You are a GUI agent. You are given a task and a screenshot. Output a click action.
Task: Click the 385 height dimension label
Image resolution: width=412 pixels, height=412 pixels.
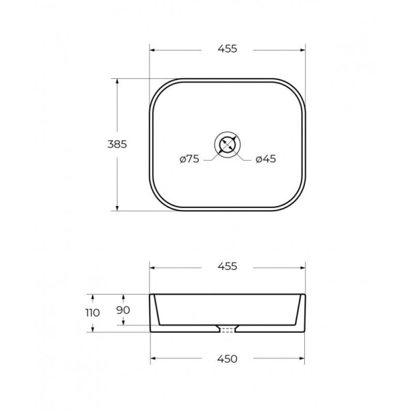(x=117, y=144)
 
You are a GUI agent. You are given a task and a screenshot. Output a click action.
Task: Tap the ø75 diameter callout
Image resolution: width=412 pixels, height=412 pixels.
(x=190, y=159)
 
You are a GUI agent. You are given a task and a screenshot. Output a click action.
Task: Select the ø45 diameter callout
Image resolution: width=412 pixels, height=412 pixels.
(x=266, y=159)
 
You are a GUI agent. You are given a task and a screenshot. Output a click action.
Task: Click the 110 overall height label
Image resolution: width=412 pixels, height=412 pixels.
(x=93, y=313)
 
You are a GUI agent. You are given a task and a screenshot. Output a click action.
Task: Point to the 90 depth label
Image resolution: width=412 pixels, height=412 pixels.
(x=123, y=310)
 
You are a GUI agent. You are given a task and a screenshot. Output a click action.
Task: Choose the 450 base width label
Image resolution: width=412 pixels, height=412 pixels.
(x=227, y=358)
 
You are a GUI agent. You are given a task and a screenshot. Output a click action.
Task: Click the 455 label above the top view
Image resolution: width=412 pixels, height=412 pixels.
(x=228, y=49)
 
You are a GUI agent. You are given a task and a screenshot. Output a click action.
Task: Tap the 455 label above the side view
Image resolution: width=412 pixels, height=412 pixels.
(x=228, y=266)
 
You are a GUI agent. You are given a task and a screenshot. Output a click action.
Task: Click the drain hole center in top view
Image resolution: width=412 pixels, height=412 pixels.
(x=228, y=145)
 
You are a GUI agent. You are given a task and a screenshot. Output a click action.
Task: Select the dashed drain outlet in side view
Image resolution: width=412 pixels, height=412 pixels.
(x=228, y=330)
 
